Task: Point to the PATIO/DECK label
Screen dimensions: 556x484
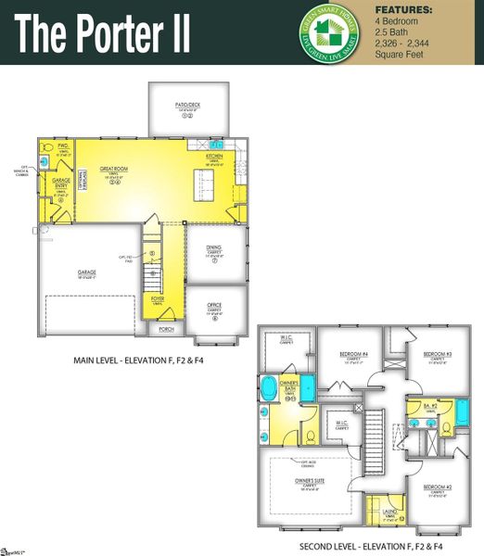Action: tap(188, 105)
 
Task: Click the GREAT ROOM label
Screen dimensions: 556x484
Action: tap(114, 170)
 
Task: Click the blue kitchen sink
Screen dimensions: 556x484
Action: tap(216, 146)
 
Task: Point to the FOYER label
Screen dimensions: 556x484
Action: tap(158, 299)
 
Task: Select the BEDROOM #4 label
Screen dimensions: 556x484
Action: tap(353, 354)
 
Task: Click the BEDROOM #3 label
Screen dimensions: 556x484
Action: tap(437, 354)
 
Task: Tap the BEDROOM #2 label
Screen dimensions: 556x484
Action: tap(437, 486)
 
